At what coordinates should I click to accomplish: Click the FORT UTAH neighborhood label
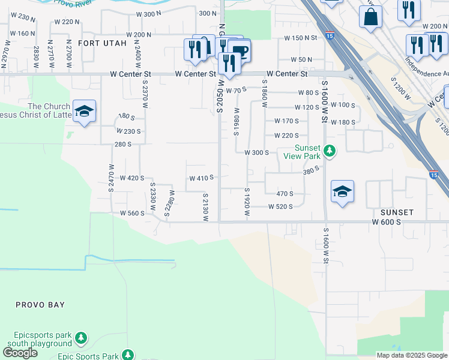102,43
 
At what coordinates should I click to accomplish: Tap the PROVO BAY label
40,305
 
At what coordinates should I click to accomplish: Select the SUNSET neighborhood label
397,212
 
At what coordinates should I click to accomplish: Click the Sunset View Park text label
307,152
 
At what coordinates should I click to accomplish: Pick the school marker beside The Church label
85,112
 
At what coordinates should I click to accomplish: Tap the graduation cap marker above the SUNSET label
343,191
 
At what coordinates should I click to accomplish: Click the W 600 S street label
386,222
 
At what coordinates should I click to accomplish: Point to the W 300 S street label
256,152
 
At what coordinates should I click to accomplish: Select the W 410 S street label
202,178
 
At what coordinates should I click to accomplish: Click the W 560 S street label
133,213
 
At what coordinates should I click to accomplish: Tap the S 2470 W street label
111,178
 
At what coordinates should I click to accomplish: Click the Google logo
20,353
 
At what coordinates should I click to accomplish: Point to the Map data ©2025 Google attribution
412,355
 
